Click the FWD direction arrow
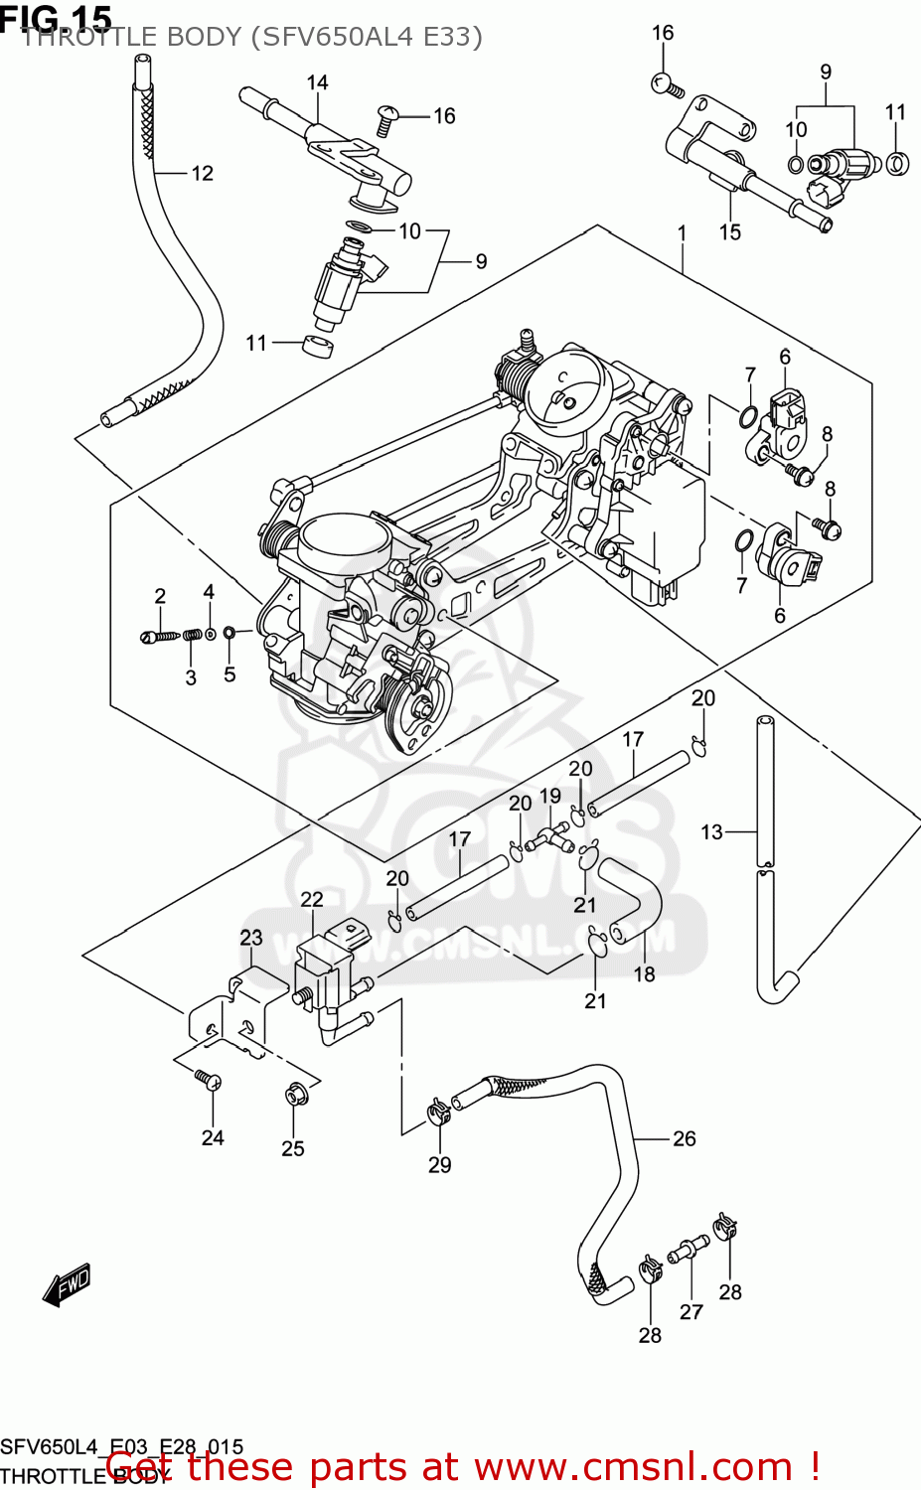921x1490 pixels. tap(67, 1284)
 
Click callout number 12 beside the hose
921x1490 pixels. tap(202, 174)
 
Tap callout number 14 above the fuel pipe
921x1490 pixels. tap(317, 82)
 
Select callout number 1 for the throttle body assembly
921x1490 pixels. tap(683, 233)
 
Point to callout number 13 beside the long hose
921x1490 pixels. tap(711, 832)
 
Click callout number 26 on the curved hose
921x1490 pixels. tap(684, 1138)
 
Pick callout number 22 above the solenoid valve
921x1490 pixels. tap(312, 899)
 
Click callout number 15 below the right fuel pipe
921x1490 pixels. tap(730, 232)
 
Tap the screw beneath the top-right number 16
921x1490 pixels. tap(667, 85)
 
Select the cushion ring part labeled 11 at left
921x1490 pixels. tap(317, 346)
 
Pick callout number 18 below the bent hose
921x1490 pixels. tap(645, 974)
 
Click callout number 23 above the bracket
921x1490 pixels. tap(251, 938)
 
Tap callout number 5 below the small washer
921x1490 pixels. tap(230, 674)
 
